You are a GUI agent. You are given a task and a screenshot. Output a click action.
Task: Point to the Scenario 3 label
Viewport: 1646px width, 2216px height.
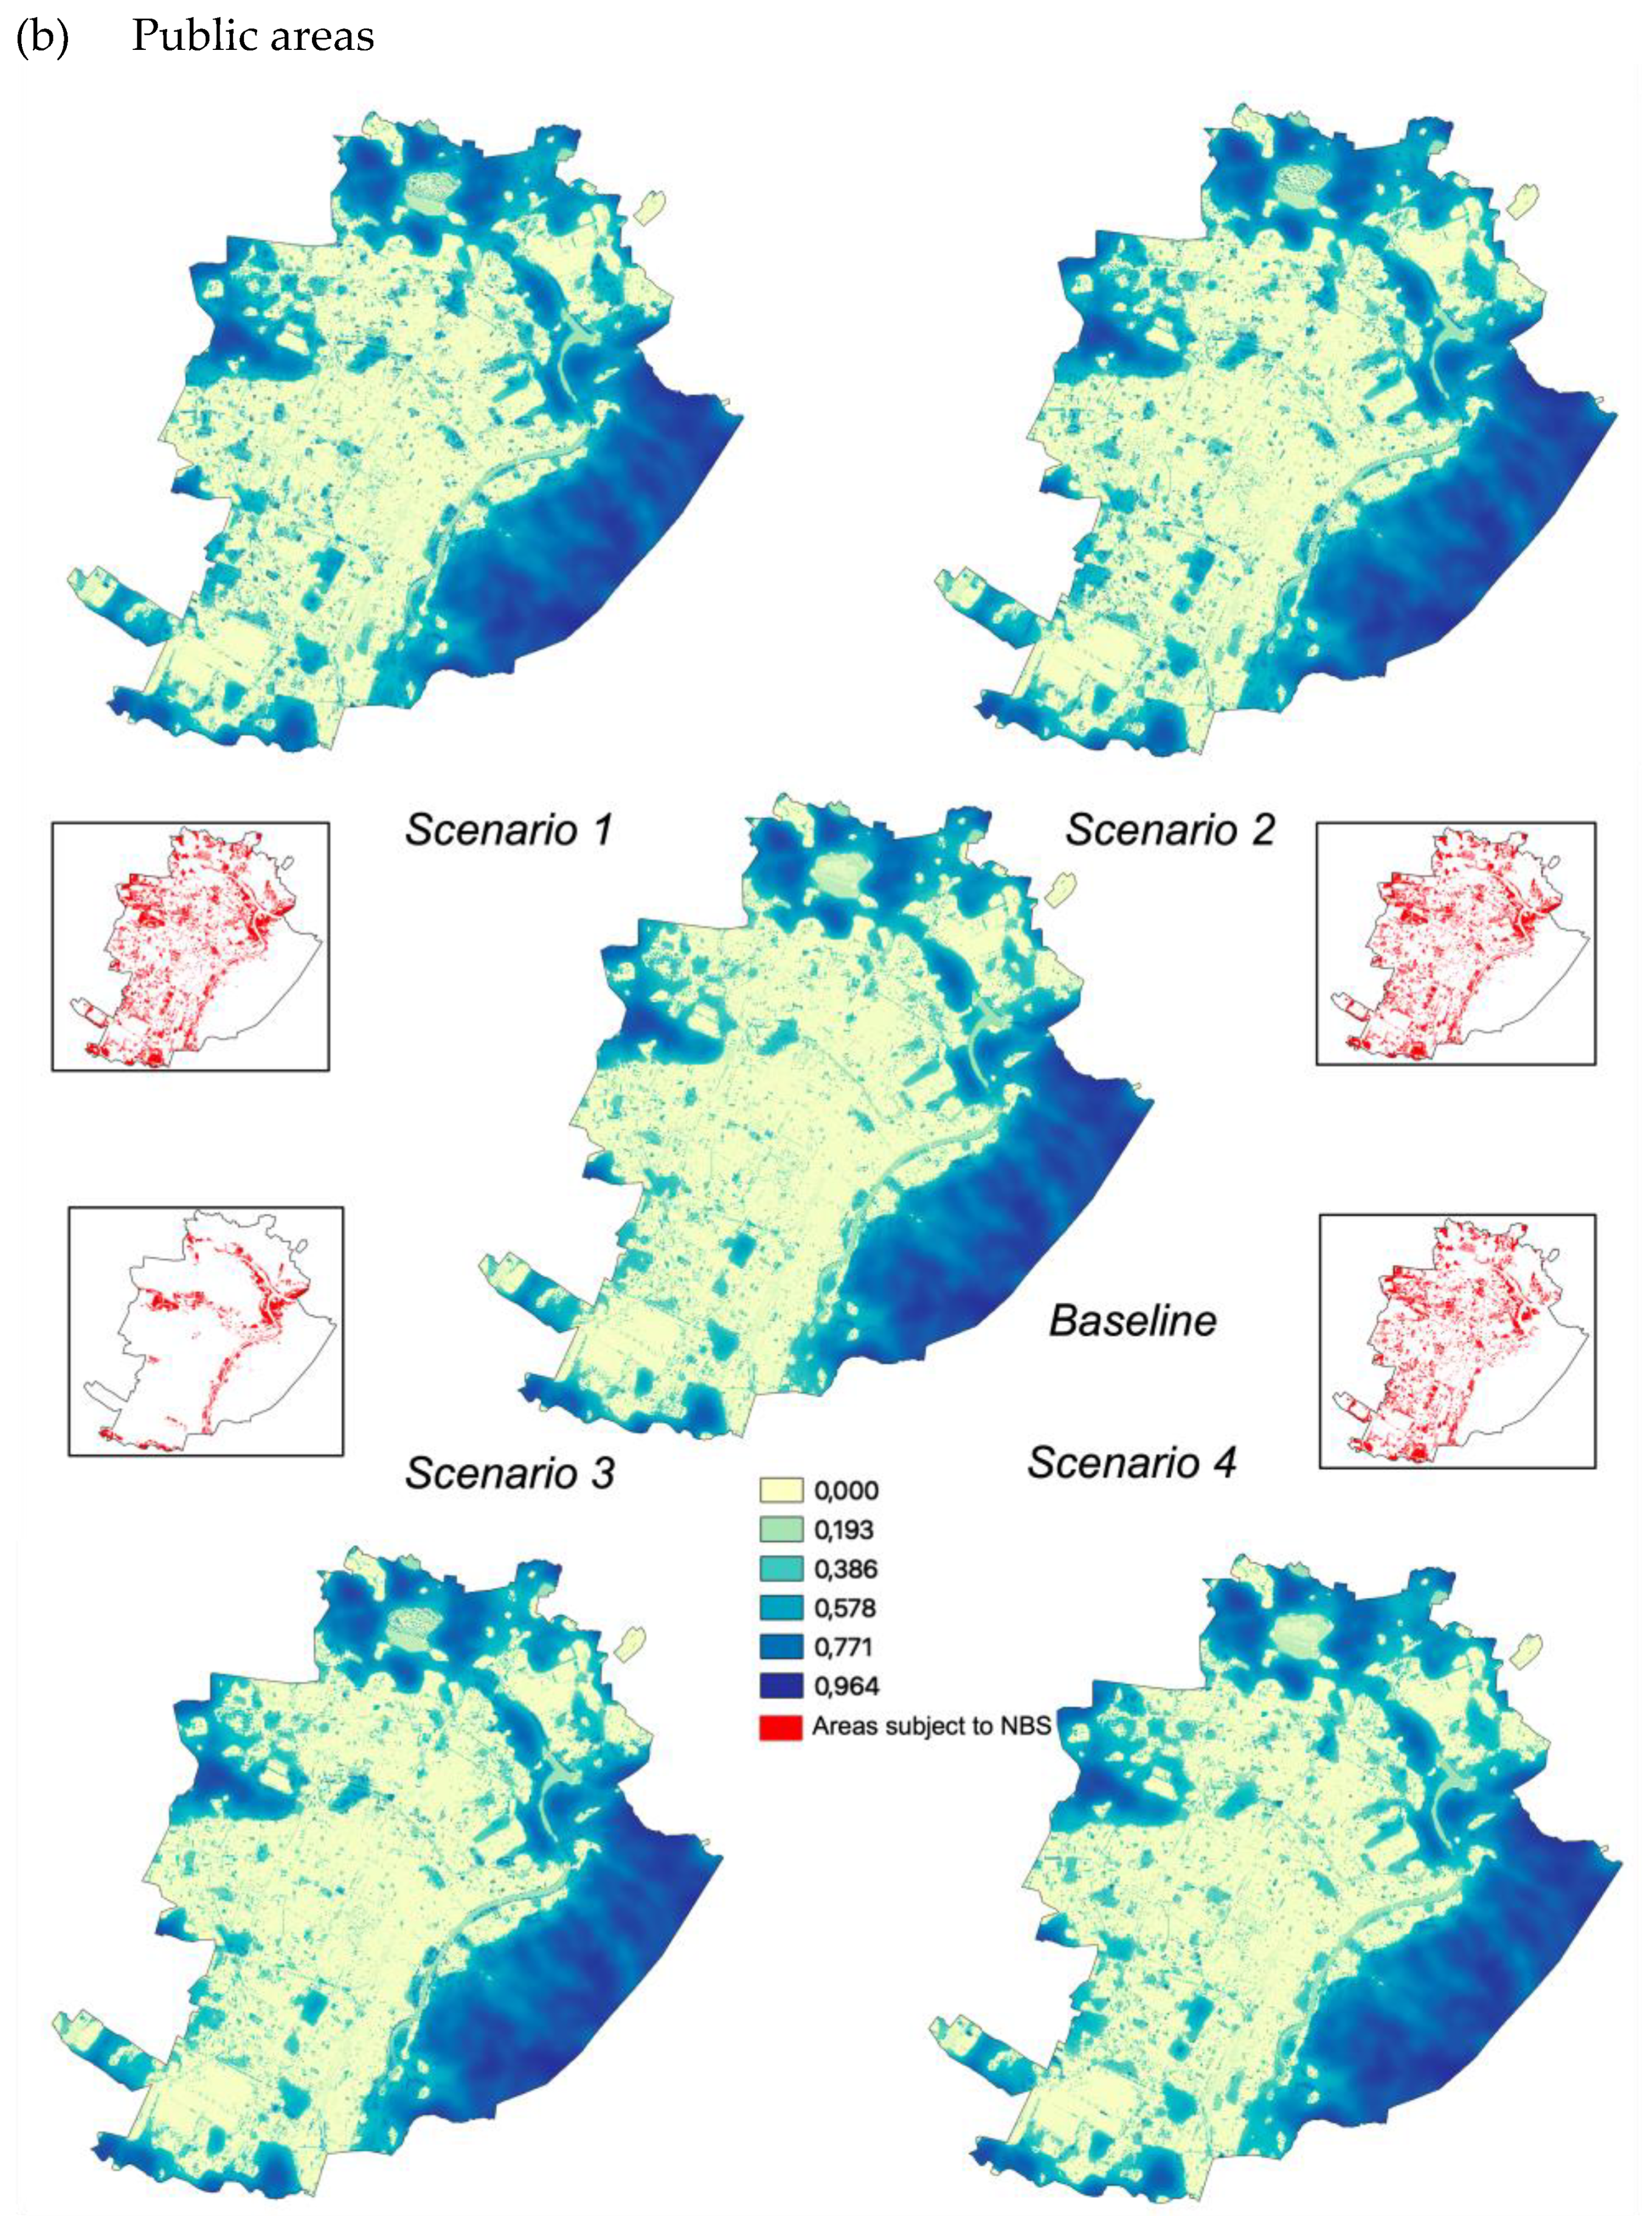point(509,1473)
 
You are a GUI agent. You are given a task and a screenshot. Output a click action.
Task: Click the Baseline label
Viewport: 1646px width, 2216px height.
point(1133,1320)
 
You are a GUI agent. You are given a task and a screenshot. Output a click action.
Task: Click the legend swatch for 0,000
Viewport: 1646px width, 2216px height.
point(781,1491)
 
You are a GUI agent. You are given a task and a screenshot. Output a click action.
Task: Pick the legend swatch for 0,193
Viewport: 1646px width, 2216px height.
point(781,1529)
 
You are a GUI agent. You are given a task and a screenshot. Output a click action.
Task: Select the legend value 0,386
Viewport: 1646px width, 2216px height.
point(845,1570)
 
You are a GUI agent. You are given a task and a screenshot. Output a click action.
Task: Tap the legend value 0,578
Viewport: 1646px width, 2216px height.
point(845,1608)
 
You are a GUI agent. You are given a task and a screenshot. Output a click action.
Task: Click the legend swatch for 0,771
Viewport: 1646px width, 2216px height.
point(781,1647)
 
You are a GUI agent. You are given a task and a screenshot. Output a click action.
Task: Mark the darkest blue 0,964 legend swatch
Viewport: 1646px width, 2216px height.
point(781,1686)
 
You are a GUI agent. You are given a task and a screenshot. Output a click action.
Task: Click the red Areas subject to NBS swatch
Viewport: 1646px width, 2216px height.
point(781,1726)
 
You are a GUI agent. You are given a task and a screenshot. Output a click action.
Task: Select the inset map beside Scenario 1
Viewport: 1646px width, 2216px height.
point(190,947)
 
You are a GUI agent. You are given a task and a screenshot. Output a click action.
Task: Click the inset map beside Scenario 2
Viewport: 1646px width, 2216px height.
point(1456,943)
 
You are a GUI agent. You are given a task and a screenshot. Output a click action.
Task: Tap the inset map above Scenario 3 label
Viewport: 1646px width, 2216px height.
point(206,1331)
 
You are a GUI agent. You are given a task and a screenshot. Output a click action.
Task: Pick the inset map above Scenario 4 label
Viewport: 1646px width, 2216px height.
point(1457,1340)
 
